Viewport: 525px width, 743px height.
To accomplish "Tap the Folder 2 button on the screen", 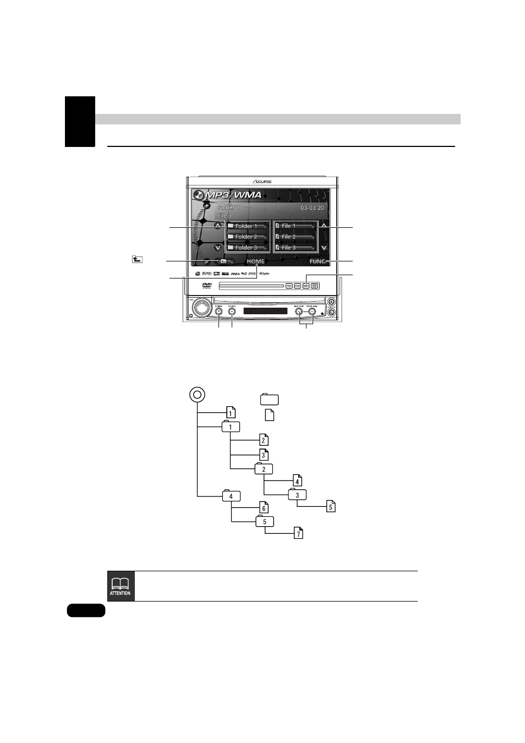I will [247, 237].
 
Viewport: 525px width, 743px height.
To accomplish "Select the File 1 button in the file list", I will [295, 226].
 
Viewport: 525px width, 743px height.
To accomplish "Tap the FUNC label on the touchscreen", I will [317, 261].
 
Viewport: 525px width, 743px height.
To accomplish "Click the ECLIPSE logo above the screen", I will [262, 182].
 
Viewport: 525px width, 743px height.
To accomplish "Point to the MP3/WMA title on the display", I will [233, 195].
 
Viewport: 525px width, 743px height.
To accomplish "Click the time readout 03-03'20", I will [312, 208].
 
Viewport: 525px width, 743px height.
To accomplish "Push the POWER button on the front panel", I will [219, 311].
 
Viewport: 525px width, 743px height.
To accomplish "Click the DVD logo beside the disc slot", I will [207, 285].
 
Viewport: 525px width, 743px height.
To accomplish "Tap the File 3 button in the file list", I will [295, 248].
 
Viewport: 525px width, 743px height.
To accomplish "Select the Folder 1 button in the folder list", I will [247, 226].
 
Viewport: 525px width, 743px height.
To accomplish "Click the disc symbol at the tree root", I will [197, 395].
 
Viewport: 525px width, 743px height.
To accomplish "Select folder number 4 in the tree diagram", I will [231, 496].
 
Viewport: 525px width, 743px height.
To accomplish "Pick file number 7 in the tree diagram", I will [298, 533].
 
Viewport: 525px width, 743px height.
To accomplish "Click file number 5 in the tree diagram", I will [331, 506].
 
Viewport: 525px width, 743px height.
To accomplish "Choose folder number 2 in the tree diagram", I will [264, 469].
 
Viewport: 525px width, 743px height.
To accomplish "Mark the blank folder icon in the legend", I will [269, 400].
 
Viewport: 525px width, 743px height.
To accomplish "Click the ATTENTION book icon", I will [121, 586].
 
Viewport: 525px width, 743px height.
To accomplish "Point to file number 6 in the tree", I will [264, 507].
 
